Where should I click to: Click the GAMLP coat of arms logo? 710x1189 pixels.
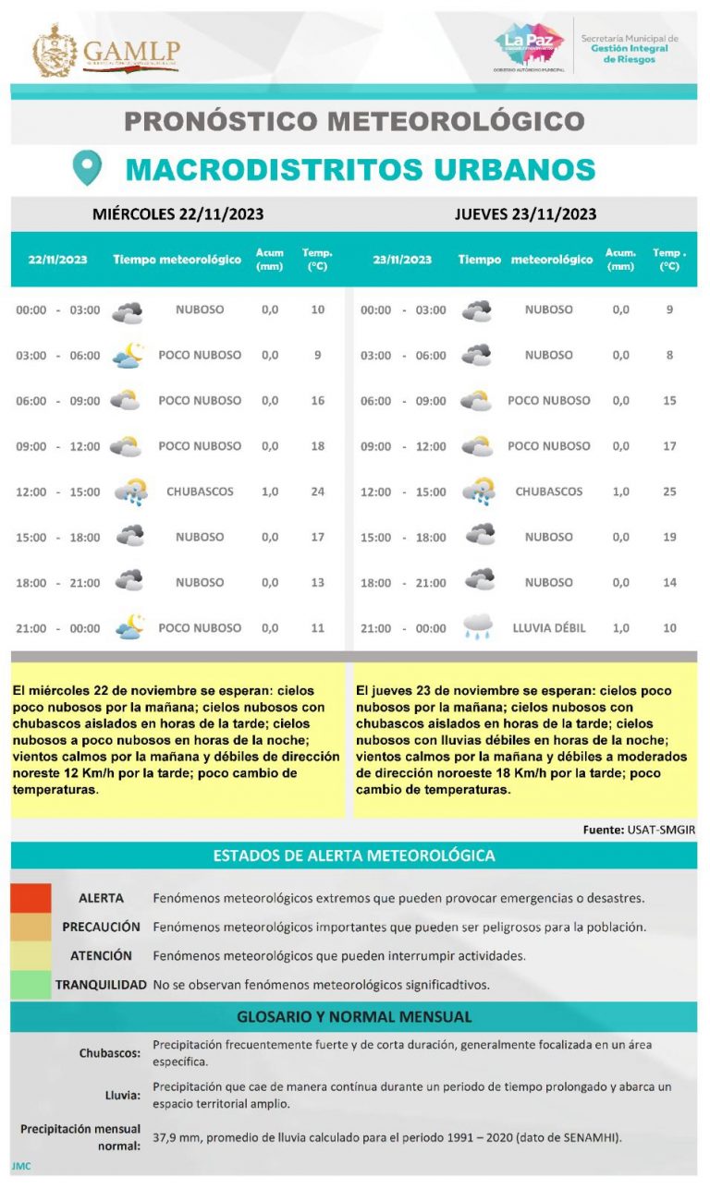(x=55, y=52)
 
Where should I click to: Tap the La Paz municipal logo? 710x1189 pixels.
(x=528, y=47)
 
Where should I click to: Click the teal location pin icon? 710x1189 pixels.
(x=86, y=168)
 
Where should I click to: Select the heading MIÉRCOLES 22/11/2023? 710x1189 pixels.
(x=177, y=214)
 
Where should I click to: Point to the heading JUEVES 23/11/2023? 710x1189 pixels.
(x=524, y=214)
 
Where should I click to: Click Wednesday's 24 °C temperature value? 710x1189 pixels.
(x=317, y=491)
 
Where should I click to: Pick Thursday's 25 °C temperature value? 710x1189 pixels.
(x=669, y=491)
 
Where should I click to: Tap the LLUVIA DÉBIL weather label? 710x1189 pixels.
(x=548, y=628)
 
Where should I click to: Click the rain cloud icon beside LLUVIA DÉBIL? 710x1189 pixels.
(x=478, y=628)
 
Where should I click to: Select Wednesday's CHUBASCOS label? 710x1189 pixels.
(x=200, y=491)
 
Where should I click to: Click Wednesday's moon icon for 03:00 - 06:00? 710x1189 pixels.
(x=128, y=355)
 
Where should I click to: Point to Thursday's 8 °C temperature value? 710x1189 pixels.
(x=669, y=355)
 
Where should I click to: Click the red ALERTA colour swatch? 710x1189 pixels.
(x=31, y=897)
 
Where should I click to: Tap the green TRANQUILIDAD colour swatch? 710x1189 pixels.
(x=31, y=985)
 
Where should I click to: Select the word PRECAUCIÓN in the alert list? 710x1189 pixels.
(x=101, y=927)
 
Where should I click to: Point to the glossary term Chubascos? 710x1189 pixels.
(x=110, y=1052)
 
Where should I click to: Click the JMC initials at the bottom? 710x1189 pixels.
(x=20, y=1166)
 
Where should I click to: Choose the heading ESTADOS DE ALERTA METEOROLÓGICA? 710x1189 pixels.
(x=354, y=855)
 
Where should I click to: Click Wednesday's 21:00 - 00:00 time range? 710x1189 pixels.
(x=57, y=628)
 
